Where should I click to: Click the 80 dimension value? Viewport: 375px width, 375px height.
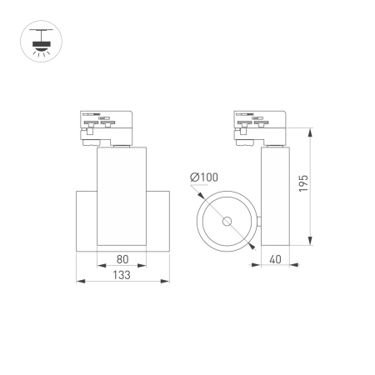click(123, 259)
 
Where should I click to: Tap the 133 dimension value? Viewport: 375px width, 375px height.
click(123, 273)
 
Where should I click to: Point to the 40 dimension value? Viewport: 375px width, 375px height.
click(273, 259)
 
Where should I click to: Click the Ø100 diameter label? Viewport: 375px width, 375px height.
click(204, 177)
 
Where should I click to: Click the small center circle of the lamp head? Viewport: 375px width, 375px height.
click(227, 222)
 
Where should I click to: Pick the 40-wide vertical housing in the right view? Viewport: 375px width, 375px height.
click(273, 196)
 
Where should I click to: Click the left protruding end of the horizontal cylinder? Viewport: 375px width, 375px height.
click(87, 219)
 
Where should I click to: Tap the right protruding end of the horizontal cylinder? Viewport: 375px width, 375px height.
click(160, 219)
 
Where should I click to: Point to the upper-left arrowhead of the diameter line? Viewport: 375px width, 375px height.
click(202, 197)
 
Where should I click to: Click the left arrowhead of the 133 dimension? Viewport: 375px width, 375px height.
click(78, 280)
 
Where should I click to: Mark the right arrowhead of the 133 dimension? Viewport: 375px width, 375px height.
click(168, 280)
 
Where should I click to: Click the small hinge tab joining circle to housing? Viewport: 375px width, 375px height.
click(258, 222)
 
